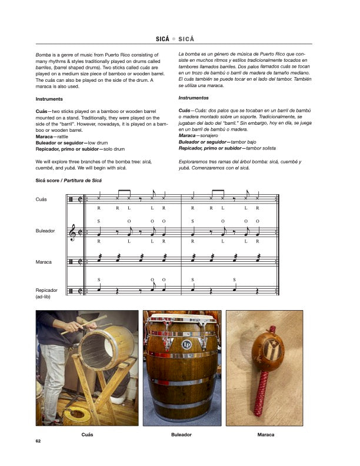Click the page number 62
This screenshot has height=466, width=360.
click(x=38, y=441)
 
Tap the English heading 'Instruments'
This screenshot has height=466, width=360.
click(x=49, y=99)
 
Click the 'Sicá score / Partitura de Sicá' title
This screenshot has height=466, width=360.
click(x=67, y=179)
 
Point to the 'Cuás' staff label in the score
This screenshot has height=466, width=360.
click(x=41, y=199)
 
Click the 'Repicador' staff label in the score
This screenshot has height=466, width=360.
click(x=46, y=290)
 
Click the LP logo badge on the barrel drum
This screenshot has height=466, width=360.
click(x=187, y=345)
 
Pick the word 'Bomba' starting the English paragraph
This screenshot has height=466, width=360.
click(x=44, y=54)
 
